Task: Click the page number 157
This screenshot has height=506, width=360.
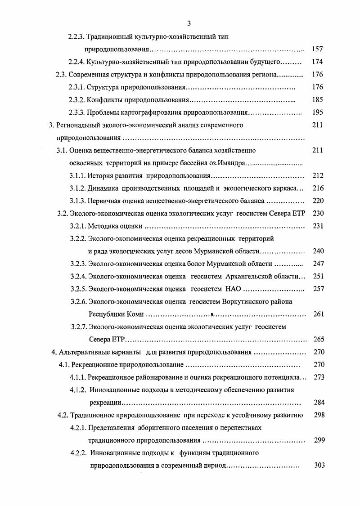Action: [x=317, y=49]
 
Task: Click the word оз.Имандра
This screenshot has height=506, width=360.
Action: [x=228, y=163]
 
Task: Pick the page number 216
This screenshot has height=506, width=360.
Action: [x=318, y=188]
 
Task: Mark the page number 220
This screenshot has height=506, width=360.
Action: [x=318, y=201]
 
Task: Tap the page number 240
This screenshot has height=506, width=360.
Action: [x=318, y=251]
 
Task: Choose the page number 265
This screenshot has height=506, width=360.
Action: [x=318, y=339]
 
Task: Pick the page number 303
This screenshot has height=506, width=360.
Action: [x=319, y=465]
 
